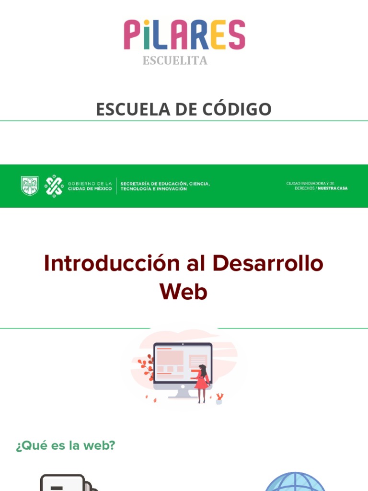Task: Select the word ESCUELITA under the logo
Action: (x=175, y=60)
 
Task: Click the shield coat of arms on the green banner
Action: (x=30, y=186)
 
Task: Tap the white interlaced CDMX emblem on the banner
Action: (x=54, y=186)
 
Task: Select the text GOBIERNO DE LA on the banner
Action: (x=90, y=183)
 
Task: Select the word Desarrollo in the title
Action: (x=268, y=264)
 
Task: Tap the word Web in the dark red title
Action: (x=184, y=292)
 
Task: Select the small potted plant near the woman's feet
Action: (x=219, y=398)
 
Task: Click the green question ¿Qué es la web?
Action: (x=66, y=445)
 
